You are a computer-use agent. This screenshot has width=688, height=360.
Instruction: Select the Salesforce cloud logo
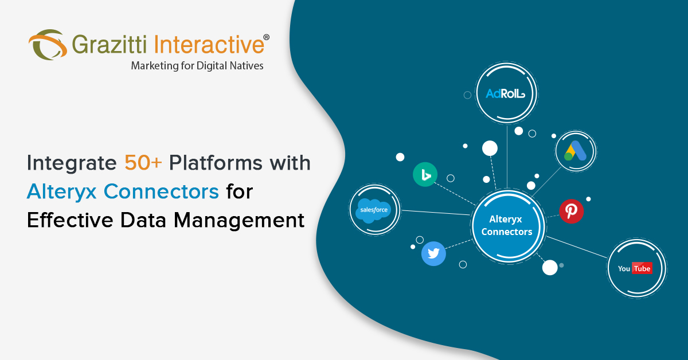(374, 210)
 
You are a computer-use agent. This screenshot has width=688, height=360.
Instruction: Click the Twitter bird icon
(433, 253)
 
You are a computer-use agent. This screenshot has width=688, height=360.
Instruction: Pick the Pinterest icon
(571, 211)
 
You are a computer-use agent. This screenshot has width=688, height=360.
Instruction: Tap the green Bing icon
(425, 174)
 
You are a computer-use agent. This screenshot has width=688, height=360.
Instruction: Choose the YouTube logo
(635, 268)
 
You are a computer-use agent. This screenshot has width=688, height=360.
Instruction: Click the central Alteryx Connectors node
(507, 225)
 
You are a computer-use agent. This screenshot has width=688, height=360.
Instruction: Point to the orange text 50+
(143, 164)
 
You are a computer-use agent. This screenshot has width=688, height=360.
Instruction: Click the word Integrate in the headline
(70, 164)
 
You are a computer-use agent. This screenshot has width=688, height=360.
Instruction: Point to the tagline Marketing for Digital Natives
(197, 66)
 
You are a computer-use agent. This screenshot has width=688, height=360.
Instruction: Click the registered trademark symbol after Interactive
(266, 37)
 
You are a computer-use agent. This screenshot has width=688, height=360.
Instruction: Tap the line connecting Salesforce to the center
(436, 213)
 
